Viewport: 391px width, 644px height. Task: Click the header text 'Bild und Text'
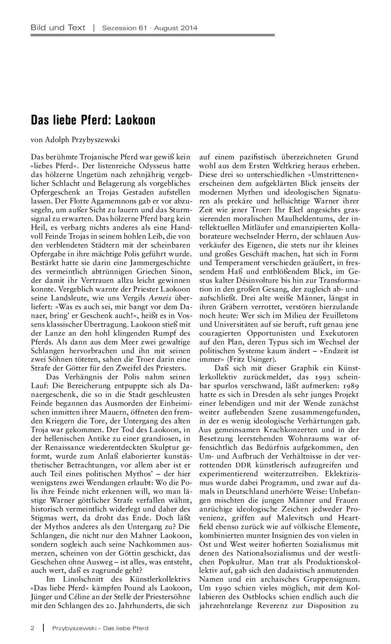tap(58, 28)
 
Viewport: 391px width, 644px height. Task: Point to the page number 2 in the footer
tap(32, 628)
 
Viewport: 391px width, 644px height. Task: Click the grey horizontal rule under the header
tap(153, 35)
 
